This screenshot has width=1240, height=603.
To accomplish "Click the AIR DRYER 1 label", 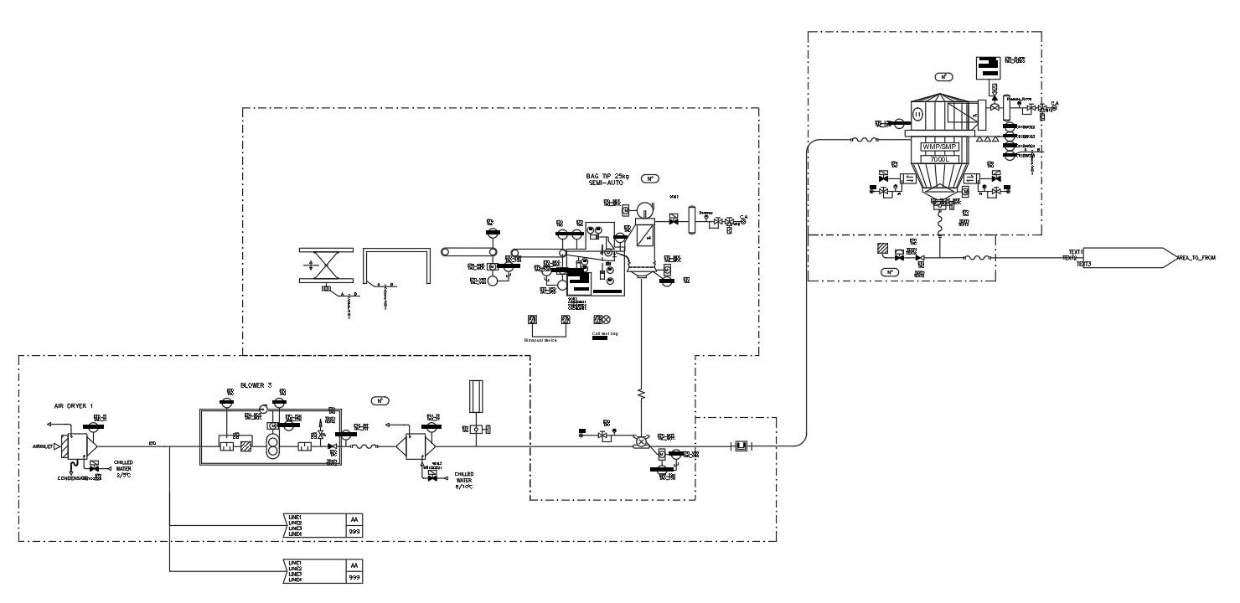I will pos(72,405).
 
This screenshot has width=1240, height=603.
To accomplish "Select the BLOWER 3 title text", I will pos(256,385).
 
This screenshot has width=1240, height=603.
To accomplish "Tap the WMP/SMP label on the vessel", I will pos(938,147).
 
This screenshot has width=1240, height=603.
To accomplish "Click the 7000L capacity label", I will pos(938,158).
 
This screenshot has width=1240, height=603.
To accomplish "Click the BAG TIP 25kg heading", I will pos(608,178).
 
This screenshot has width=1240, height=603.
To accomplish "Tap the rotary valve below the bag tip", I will pos(641,441).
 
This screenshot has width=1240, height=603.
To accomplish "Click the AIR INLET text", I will pos(43,447).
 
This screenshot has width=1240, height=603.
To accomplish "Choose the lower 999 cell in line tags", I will pos(354,577).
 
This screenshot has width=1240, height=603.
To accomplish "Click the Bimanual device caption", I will pos(540,340).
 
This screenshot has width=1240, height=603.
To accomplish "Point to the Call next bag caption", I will pos(605,334).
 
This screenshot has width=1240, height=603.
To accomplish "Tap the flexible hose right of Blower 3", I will pos(363,447).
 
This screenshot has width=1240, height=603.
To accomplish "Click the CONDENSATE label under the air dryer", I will pos(73,479).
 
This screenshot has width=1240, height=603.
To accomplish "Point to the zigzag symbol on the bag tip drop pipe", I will pos(641,392).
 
